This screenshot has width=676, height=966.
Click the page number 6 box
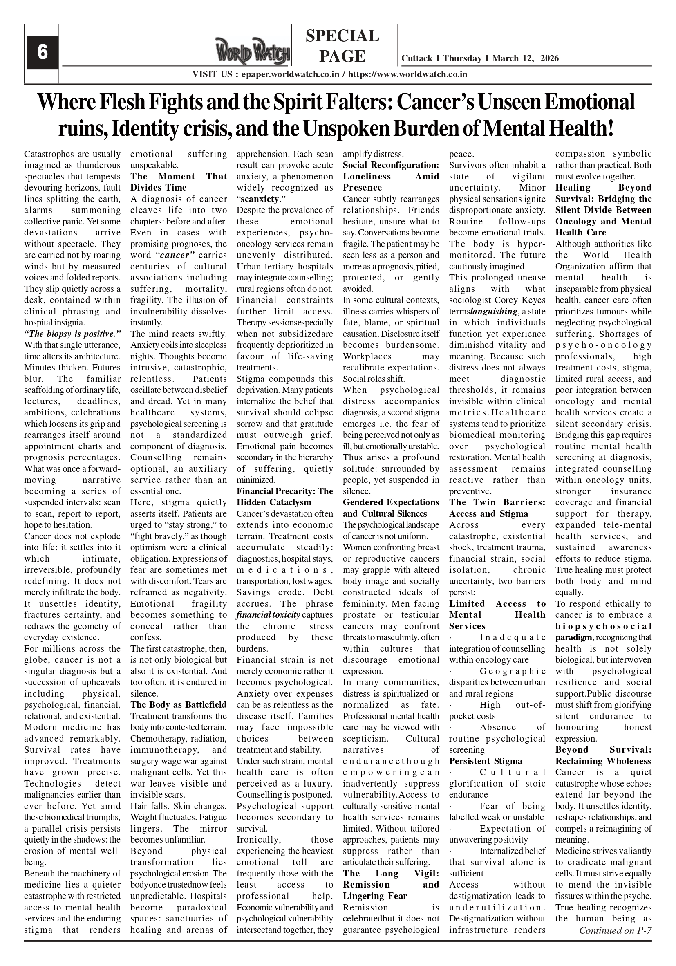43,53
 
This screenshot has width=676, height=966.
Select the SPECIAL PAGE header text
342,46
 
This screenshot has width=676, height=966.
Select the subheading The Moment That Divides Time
178,182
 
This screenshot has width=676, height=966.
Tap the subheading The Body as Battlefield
178,705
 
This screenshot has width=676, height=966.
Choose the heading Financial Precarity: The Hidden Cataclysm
285,497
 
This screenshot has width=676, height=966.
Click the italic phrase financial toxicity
268,615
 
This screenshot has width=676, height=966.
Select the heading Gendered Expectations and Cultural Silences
391,508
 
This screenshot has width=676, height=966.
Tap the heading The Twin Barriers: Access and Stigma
497,508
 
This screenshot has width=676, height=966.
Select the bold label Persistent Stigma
486,761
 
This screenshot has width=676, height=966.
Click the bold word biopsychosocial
603,626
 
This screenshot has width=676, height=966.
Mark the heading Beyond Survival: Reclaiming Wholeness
603,755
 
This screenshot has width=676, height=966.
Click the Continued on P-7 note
615,930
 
